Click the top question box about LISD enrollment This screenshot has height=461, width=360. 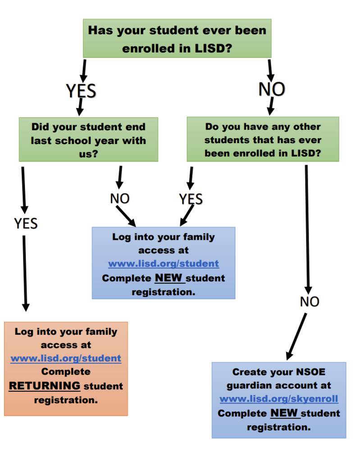[177, 38]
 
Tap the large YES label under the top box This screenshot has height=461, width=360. [81, 90]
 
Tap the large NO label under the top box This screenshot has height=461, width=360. [272, 89]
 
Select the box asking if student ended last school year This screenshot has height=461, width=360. [88, 140]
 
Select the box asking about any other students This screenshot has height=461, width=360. [263, 140]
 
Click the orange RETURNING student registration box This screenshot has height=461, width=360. [66, 368]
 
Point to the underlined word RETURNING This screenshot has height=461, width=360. [45, 386]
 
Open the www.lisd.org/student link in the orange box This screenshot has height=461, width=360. [66, 358]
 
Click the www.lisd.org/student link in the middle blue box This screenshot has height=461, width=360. [163, 264]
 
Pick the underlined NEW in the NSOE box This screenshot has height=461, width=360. [285, 413]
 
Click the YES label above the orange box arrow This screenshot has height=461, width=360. [26, 223]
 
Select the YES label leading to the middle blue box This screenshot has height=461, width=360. [191, 199]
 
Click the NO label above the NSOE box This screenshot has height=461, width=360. [310, 302]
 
